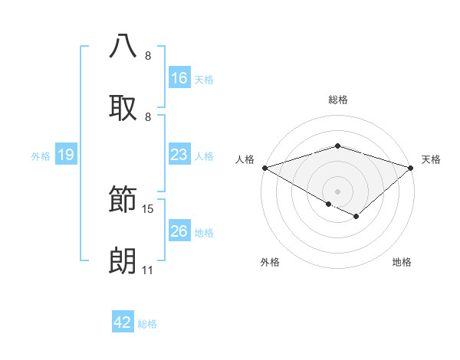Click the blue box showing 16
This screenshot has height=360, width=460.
point(179,78)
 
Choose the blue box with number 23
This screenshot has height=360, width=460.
point(179,155)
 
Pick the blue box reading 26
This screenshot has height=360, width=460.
point(179,231)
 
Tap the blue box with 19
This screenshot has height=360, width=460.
point(66,155)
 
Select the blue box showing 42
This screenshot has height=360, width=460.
point(123,322)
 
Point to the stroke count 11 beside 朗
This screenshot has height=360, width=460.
point(147,270)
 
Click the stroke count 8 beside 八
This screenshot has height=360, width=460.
point(147,55)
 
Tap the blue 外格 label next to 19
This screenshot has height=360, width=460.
point(41,155)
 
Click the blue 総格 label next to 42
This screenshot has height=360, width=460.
point(147,323)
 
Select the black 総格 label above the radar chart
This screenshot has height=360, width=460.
point(337,100)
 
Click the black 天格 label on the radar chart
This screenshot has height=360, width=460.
point(431,159)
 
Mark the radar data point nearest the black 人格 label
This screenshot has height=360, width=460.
point(264,168)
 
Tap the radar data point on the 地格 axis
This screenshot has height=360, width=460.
point(356,217)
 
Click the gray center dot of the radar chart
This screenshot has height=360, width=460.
point(337,191)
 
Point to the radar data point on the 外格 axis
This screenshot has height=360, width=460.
point(329,204)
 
